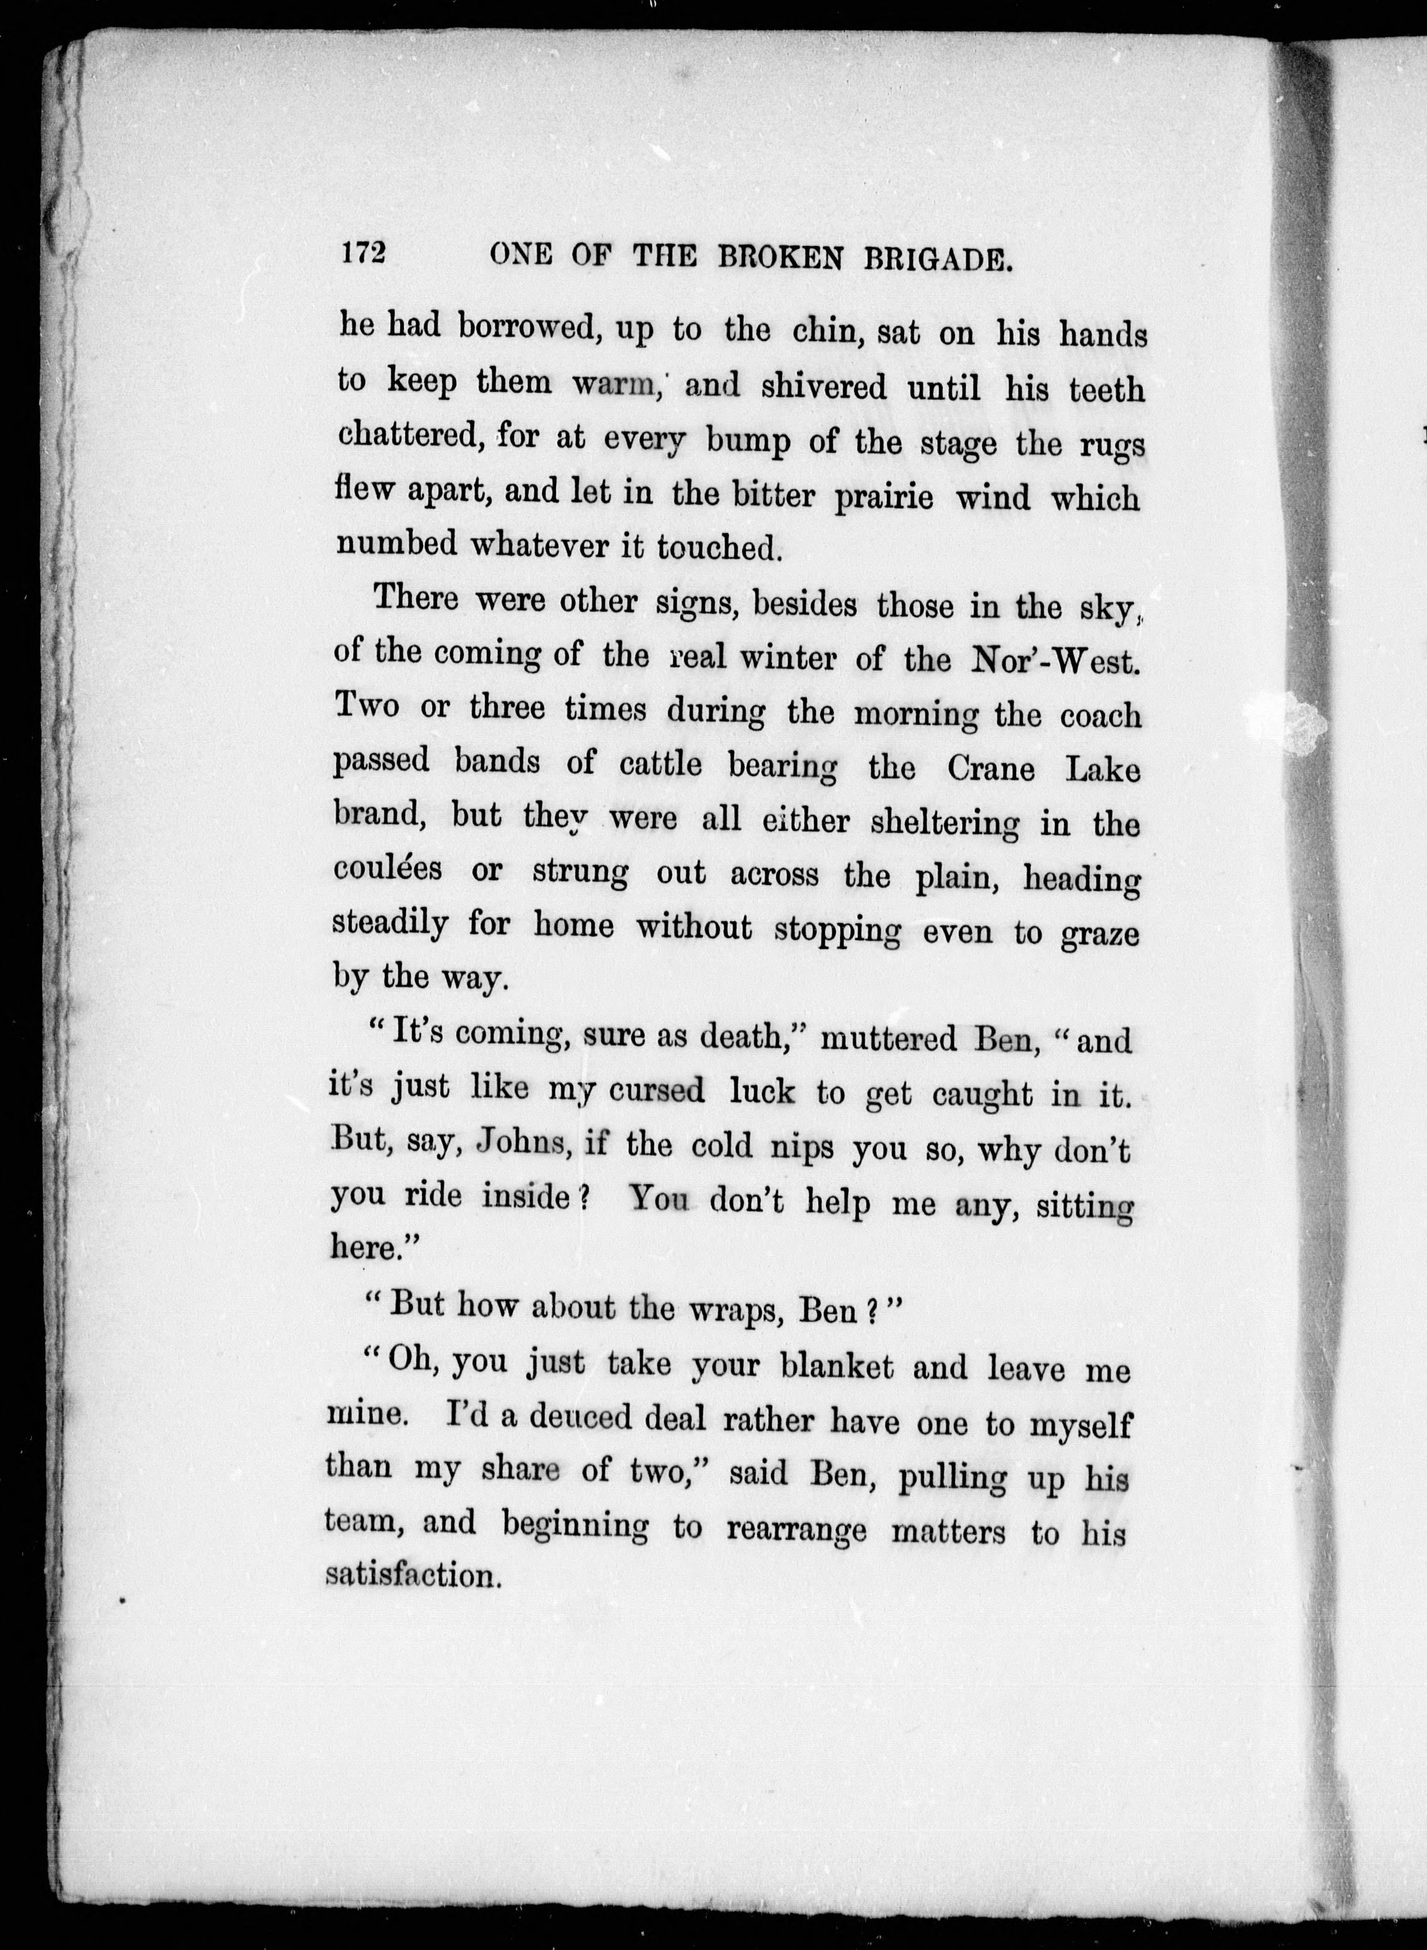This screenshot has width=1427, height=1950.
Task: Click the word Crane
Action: point(990,768)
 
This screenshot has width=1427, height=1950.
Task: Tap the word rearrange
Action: point(797,1530)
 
